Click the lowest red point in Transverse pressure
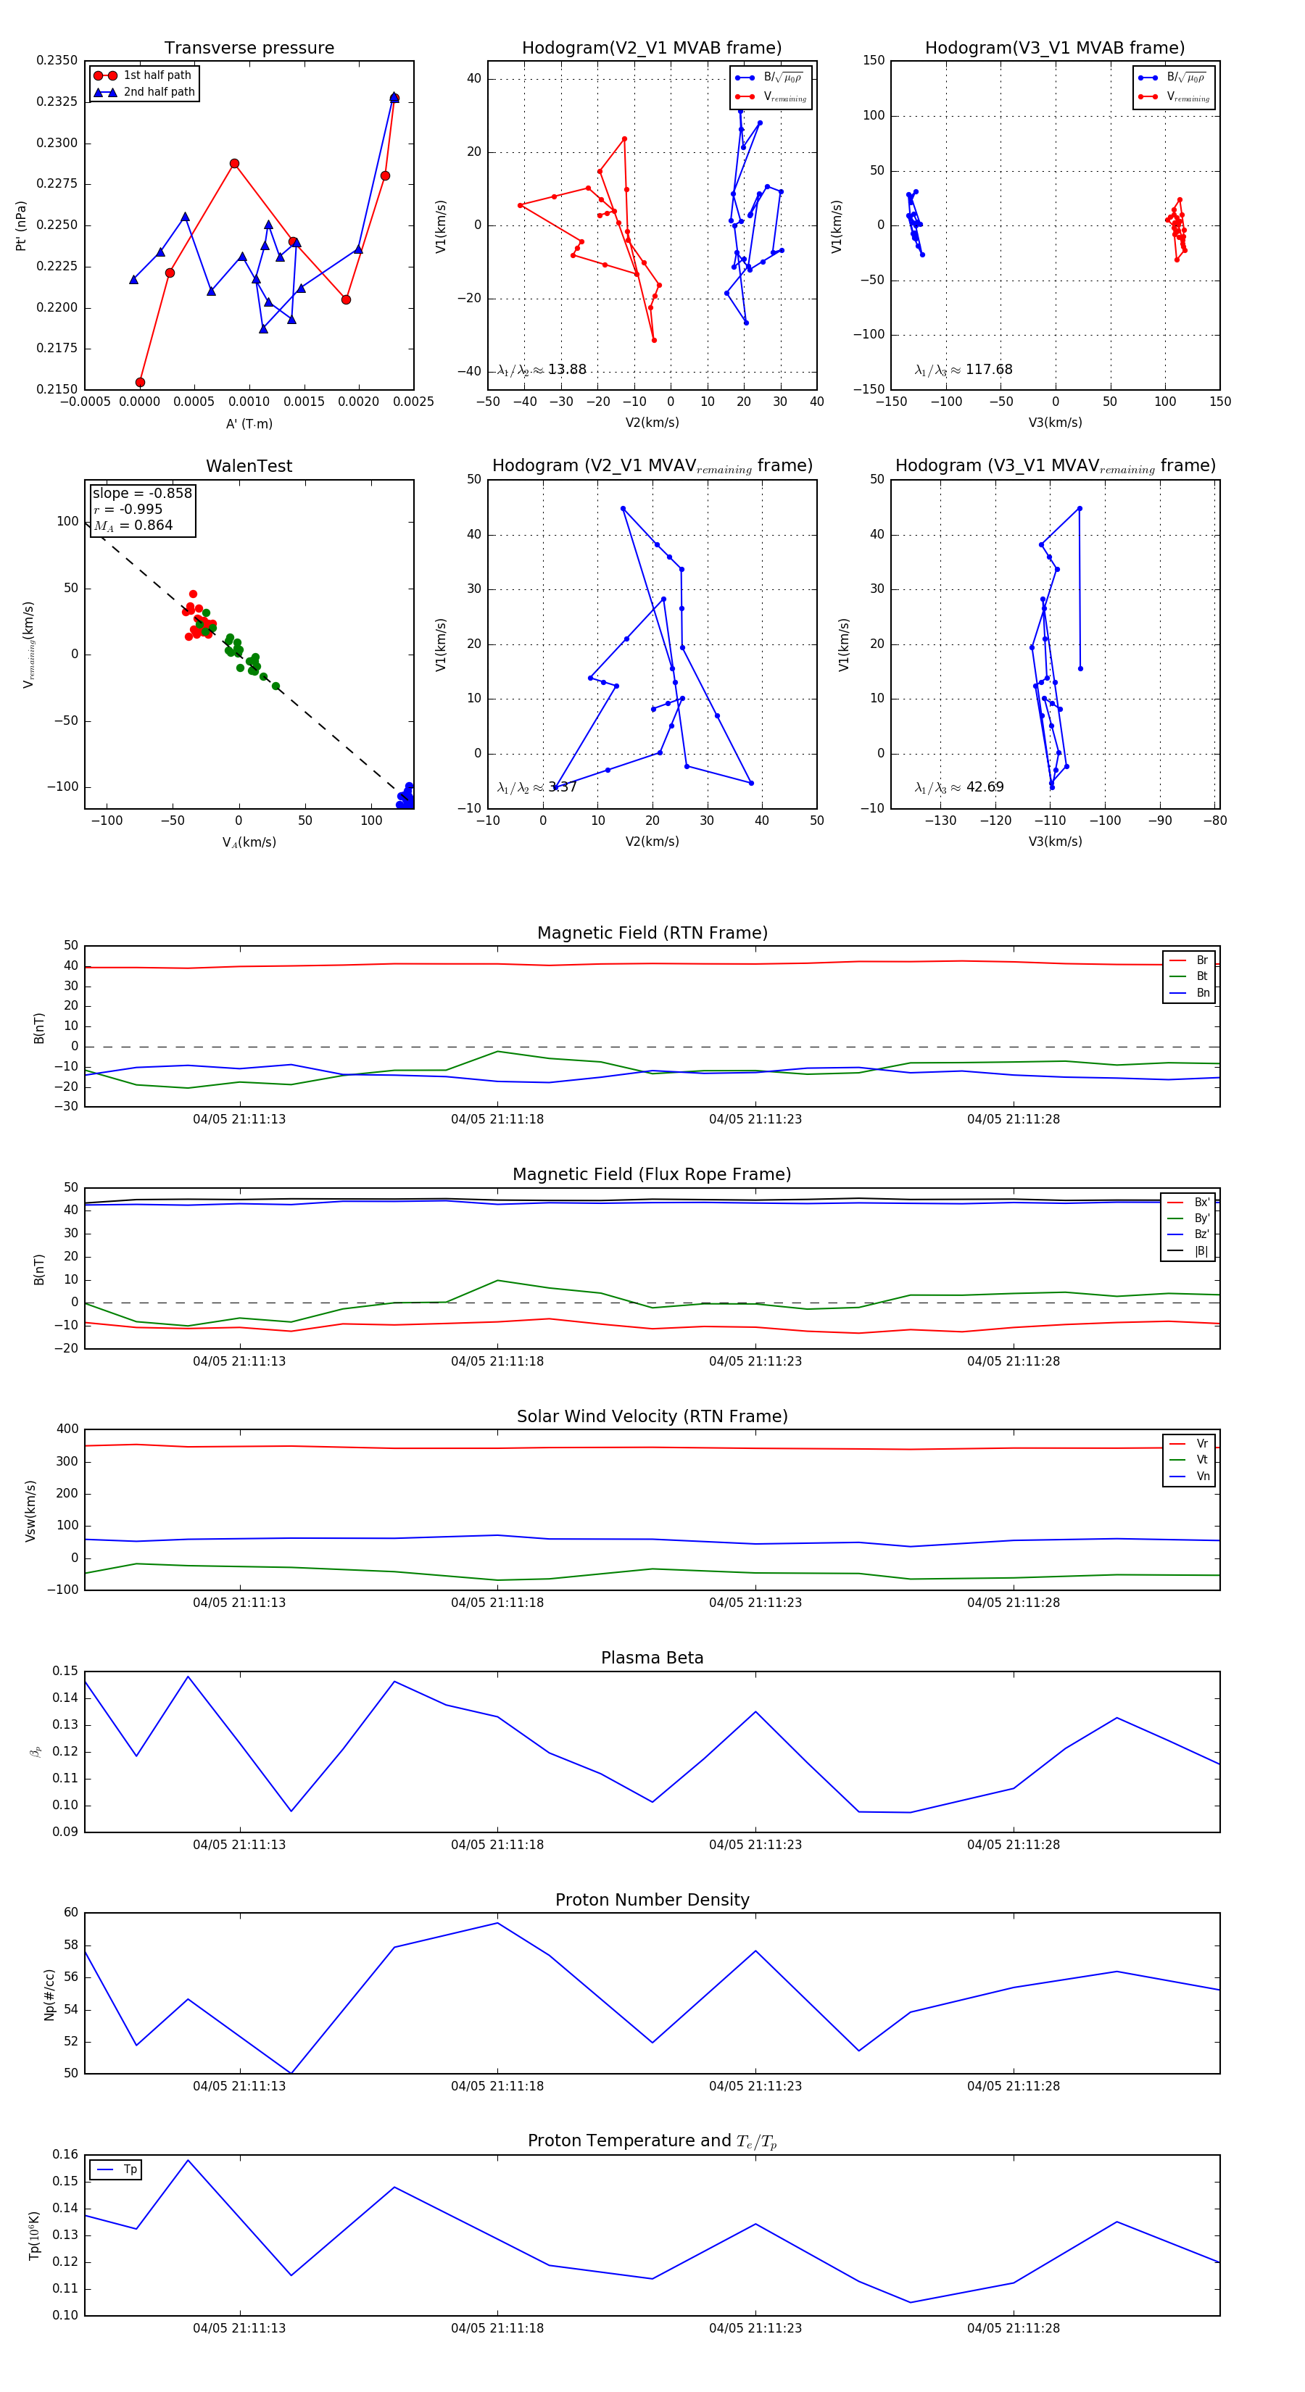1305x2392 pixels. (x=140, y=382)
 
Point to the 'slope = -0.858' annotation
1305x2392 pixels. (x=142, y=493)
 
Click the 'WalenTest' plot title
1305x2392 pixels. (x=249, y=466)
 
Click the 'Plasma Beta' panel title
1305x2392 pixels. (x=652, y=1658)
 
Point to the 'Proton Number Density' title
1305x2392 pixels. (x=652, y=1900)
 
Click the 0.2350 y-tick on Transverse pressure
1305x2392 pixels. (x=57, y=60)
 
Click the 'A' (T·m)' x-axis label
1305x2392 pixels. (x=249, y=423)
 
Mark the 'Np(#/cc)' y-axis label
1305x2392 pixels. (x=49, y=1995)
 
